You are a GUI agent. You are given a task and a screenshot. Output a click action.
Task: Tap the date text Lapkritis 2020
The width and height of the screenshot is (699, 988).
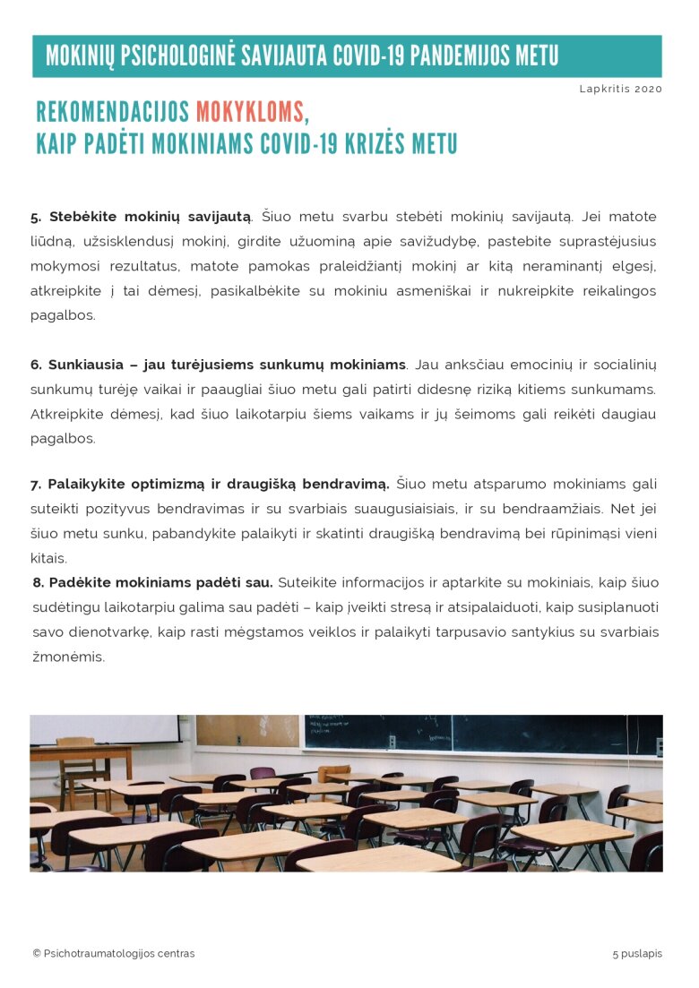point(620,89)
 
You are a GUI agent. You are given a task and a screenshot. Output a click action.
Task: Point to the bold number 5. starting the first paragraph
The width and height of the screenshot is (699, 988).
point(36,217)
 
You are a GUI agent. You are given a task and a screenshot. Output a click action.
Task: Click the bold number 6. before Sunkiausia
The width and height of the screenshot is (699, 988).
point(36,365)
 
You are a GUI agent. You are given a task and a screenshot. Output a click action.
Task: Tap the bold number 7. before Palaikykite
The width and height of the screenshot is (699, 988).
point(36,485)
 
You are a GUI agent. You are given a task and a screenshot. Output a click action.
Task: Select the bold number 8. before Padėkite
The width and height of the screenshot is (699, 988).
point(39,582)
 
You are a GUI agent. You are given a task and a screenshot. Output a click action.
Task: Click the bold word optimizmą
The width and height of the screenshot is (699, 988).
point(161,485)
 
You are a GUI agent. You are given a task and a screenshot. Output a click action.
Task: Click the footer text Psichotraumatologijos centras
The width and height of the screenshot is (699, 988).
point(118,953)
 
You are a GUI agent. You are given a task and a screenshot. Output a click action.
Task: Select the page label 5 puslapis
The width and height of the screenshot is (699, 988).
point(637,953)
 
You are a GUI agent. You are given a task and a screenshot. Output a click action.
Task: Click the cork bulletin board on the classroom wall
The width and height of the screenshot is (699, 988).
point(247,730)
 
